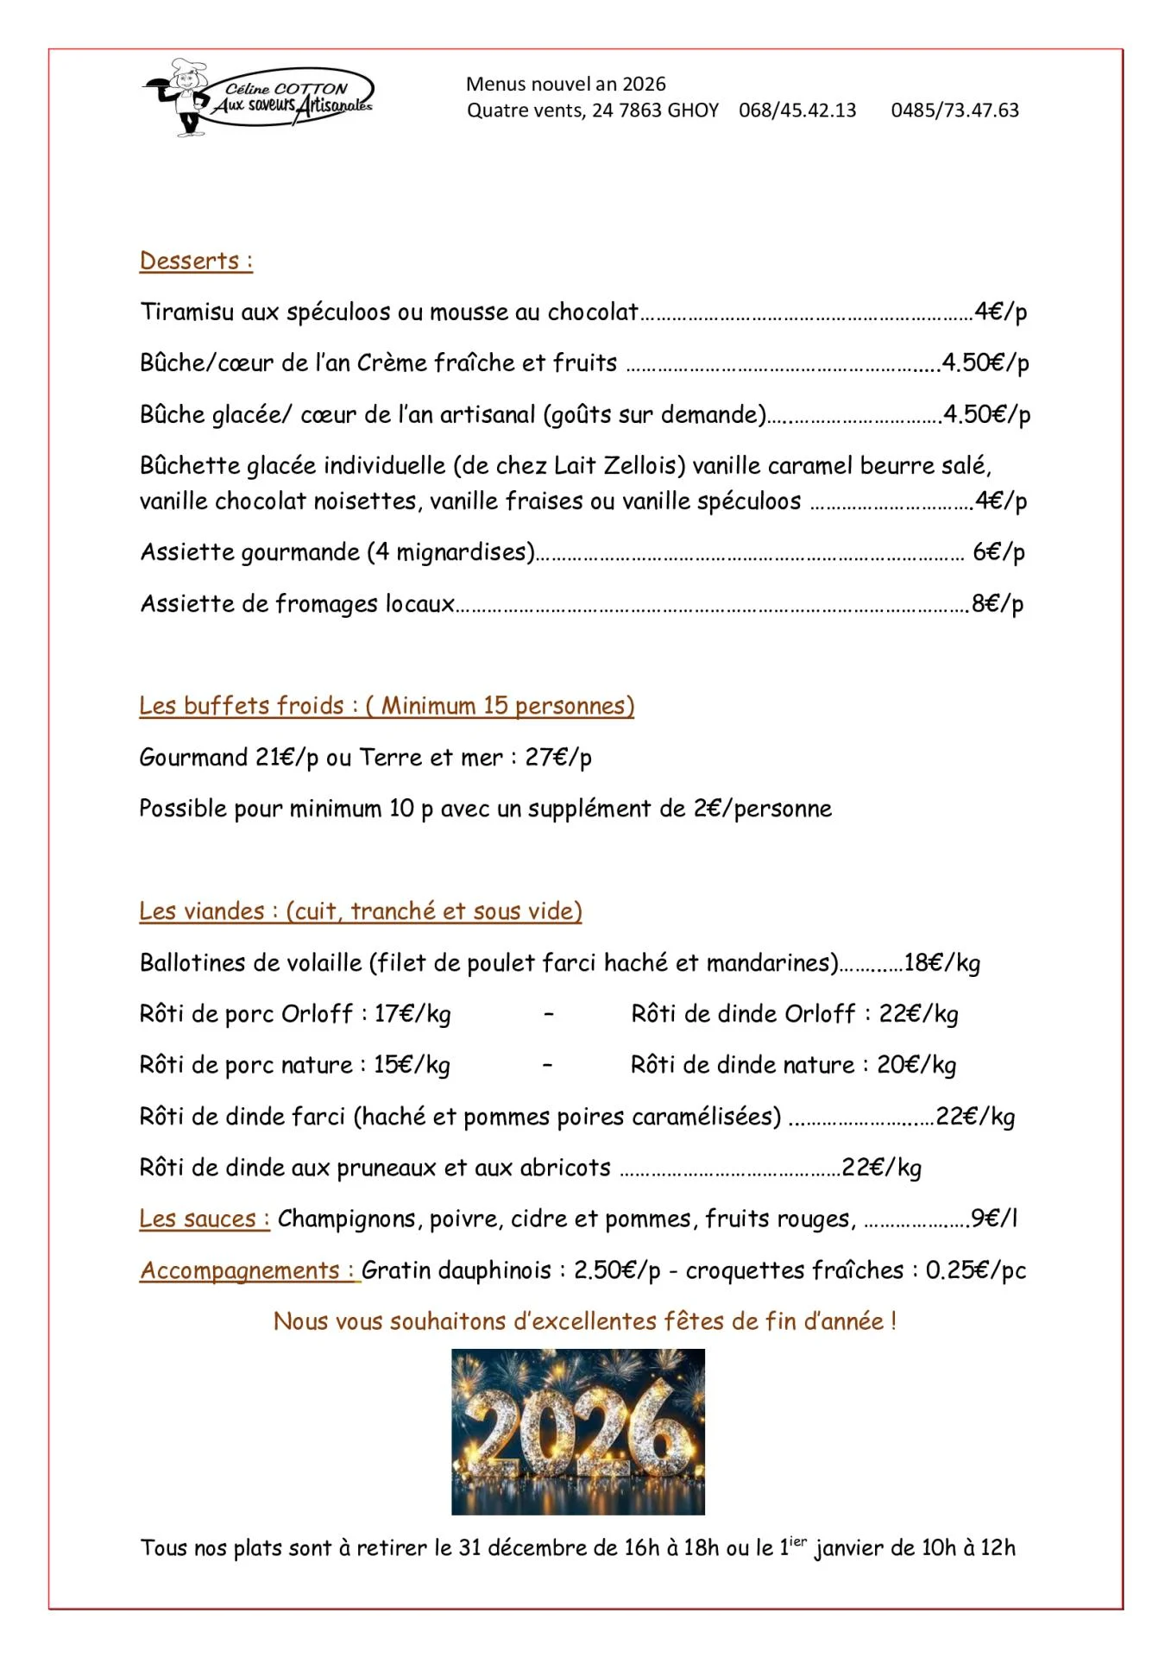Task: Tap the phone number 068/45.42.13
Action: [x=797, y=110]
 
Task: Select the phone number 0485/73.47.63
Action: [x=954, y=110]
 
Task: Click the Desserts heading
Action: [x=196, y=261]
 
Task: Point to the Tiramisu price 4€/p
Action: [x=1000, y=312]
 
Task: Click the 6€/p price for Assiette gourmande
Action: [x=998, y=552]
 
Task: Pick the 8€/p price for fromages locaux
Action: [x=998, y=603]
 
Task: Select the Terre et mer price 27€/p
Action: [x=558, y=758]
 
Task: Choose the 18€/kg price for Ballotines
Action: [x=941, y=963]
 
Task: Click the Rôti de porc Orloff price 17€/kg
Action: [x=412, y=1014]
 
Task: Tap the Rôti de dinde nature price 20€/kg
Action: [x=916, y=1065]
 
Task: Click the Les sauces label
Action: [x=205, y=1219]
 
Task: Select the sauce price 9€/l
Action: [x=994, y=1219]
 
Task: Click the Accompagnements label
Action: [x=249, y=1270]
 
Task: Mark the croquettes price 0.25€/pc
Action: [x=975, y=1270]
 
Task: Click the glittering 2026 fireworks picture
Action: [x=578, y=1432]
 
